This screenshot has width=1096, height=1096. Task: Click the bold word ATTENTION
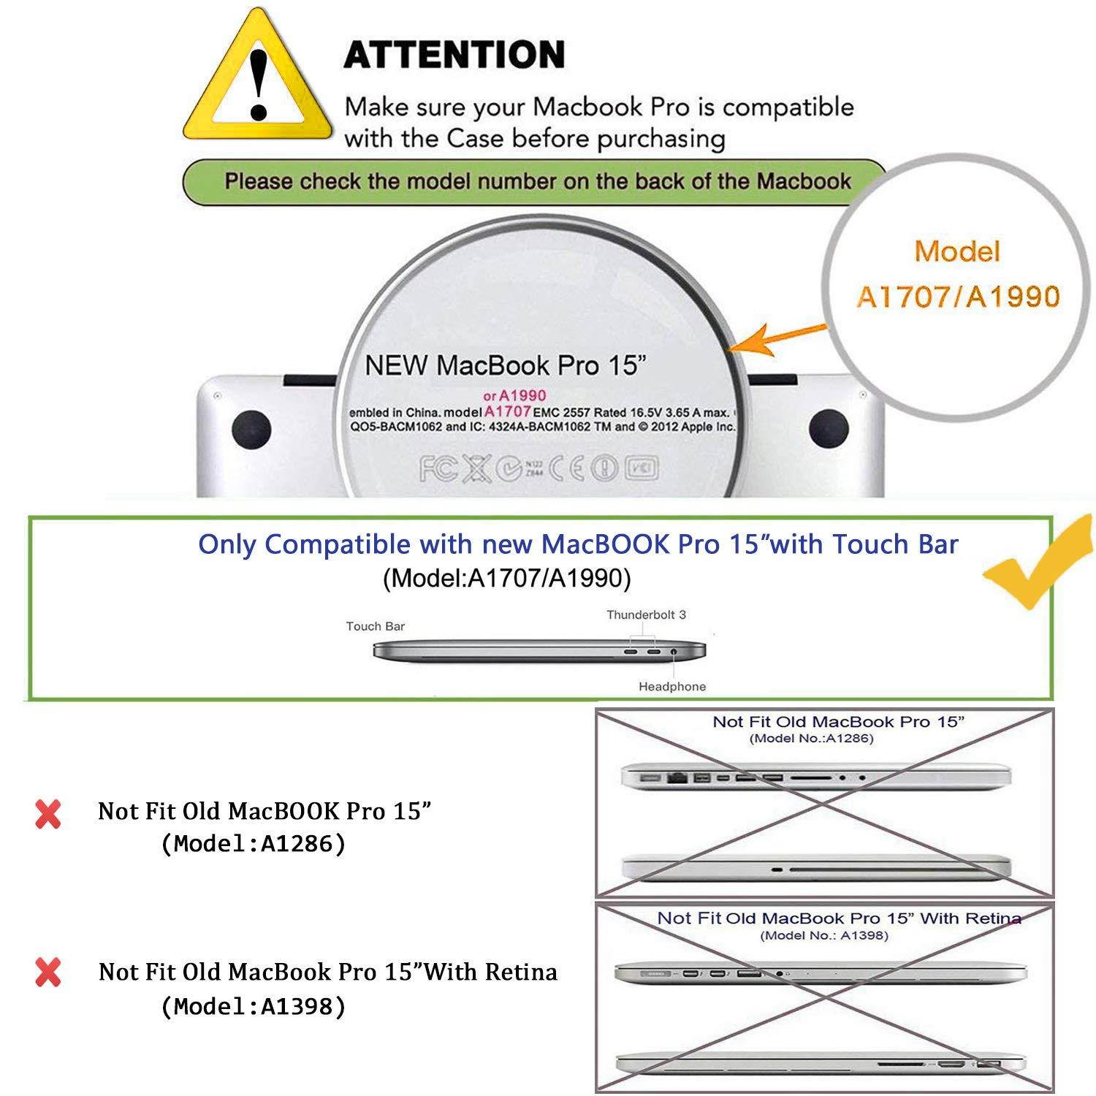coord(454,55)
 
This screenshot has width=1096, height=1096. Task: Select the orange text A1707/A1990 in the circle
coord(957,297)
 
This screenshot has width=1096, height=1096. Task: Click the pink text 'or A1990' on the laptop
coord(515,395)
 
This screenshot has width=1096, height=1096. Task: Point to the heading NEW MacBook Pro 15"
coord(506,365)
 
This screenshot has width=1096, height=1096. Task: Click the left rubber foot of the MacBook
coord(251,431)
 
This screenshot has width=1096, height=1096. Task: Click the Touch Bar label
coord(375,626)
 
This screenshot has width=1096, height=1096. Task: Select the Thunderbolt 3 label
coord(646,614)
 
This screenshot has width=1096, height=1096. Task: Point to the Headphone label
coord(672,686)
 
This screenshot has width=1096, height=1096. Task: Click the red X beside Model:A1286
coord(48,813)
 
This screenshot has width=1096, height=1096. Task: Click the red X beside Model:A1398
coord(48,973)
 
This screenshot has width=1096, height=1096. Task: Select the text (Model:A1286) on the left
coord(253,844)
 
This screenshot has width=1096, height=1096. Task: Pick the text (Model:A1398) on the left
coord(253,1007)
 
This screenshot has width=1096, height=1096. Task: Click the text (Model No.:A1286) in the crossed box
coord(811,738)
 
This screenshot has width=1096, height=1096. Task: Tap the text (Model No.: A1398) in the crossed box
coord(824,935)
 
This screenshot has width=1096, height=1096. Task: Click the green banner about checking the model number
coord(537,181)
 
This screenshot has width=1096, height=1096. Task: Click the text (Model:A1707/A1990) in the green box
coord(506,578)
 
